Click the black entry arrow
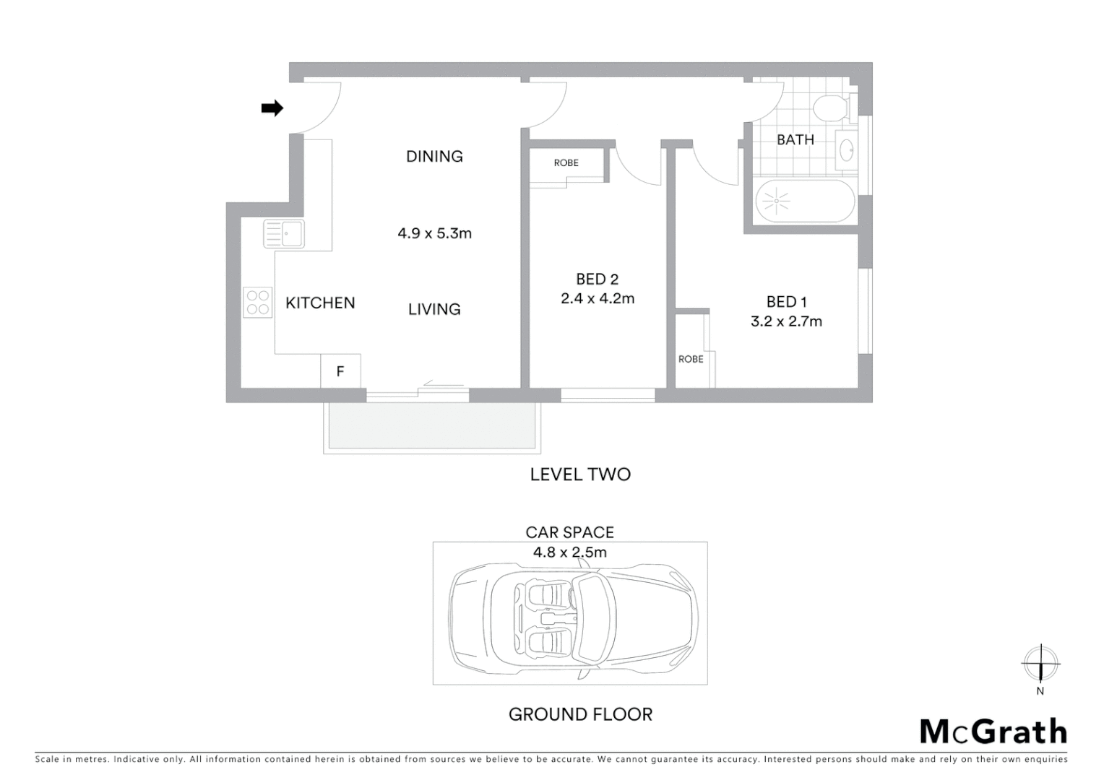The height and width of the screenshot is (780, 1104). coord(272,108)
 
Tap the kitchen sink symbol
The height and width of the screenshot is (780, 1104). coord(283,234)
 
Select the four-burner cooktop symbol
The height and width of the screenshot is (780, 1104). coord(257,303)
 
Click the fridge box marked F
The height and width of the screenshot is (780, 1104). coord(340,371)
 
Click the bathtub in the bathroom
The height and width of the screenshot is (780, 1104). coord(804,201)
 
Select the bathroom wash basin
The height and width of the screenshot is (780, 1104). coord(846,150)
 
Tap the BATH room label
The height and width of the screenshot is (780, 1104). coord(795,139)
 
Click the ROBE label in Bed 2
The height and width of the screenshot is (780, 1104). coord(566,162)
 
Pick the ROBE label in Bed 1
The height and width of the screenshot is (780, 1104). coord(691,359)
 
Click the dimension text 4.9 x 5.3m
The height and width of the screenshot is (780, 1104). coord(434,233)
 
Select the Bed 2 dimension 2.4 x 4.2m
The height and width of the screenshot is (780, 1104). coord(598,298)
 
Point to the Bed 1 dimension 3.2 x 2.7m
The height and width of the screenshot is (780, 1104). coord(786,321)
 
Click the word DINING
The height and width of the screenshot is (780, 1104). coord(434,156)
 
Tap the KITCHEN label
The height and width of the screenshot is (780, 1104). coord(320,303)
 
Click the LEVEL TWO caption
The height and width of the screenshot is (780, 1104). coord(580,474)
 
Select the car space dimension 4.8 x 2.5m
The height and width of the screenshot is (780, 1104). coord(569,552)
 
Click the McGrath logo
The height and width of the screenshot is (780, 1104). coord(993,732)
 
